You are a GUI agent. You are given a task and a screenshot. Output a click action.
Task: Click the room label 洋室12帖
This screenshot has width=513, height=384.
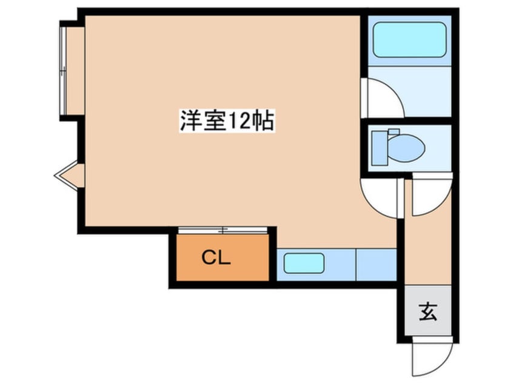click(227, 121)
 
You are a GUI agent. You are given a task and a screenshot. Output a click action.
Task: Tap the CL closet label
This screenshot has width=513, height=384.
click(216, 259)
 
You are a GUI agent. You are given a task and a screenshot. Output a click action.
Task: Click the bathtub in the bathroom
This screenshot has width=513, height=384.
click(409, 40)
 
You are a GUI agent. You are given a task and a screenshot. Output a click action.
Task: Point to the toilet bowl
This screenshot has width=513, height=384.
click(405, 147)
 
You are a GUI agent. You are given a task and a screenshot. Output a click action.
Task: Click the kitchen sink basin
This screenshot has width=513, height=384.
click(303, 263)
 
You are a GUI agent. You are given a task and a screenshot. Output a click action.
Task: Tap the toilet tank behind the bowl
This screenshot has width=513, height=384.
click(379, 147)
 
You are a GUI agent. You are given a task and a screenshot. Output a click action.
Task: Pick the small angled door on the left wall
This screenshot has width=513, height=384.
click(69, 176)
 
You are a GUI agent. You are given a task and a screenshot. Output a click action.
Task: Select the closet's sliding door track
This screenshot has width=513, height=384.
click(223, 230)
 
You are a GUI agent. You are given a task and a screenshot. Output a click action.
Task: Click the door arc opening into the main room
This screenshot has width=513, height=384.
click(380, 197)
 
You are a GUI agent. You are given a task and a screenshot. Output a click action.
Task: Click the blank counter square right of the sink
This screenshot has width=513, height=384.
click(376, 264)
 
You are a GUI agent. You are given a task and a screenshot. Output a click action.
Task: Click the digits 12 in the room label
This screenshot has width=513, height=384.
click(237, 121)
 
